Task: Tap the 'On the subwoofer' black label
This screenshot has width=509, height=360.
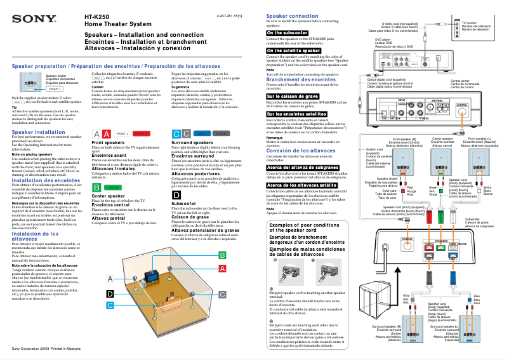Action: [288, 32]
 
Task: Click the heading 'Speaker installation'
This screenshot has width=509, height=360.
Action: [39, 132]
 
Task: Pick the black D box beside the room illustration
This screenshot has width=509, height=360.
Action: [110, 293]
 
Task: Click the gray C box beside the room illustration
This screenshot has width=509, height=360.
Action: [222, 295]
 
